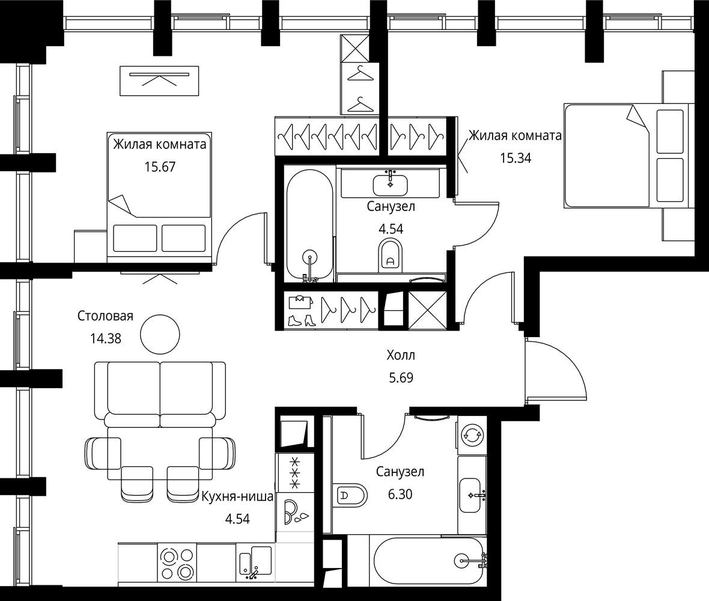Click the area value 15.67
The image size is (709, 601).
click(x=160, y=167)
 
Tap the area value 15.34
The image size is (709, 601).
click(x=516, y=158)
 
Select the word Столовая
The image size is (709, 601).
click(x=105, y=316)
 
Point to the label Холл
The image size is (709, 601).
click(x=401, y=355)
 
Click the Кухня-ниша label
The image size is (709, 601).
click(x=237, y=496)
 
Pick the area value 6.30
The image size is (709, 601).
click(x=400, y=494)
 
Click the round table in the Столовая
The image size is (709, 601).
click(x=160, y=335)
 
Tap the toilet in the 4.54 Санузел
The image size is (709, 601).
click(x=391, y=255)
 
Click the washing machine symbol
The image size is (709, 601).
click(x=472, y=435)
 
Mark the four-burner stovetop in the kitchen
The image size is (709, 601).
click(x=177, y=563)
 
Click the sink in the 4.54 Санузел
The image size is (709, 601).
click(x=390, y=185)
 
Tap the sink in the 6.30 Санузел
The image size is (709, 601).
click(x=470, y=495)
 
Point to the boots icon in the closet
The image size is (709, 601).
click(x=301, y=320)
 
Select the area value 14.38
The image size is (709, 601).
click(x=106, y=338)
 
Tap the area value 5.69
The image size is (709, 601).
click(x=401, y=377)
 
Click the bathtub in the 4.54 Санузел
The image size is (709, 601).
click(x=309, y=225)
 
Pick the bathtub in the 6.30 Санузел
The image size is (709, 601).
click(x=428, y=561)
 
